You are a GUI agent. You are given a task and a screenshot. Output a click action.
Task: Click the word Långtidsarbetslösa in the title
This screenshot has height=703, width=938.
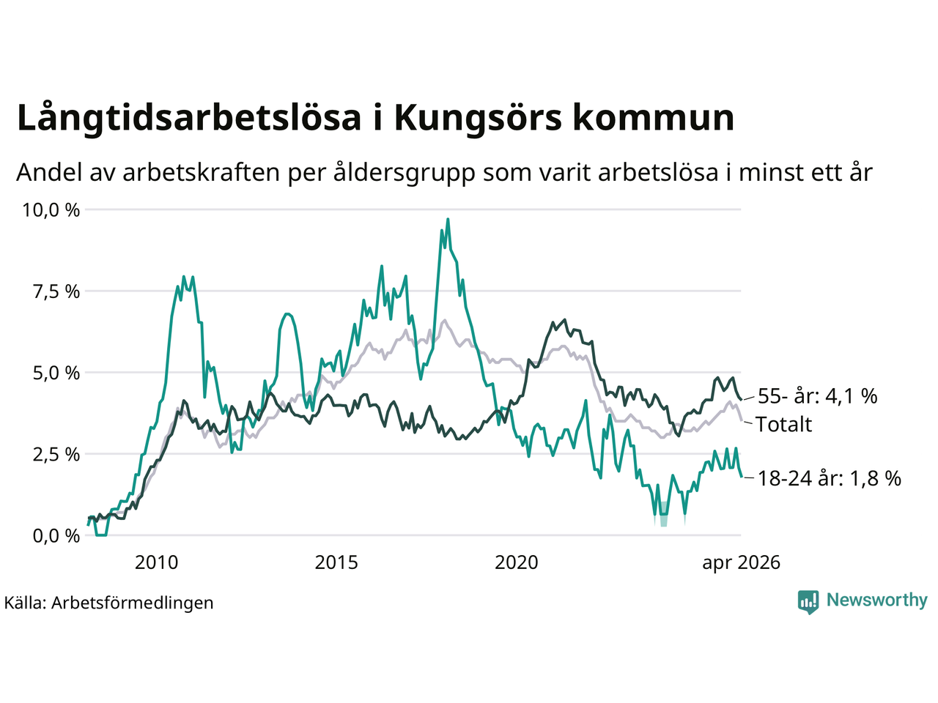click(x=189, y=118)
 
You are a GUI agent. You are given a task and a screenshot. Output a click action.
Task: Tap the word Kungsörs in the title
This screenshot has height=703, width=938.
click(x=477, y=118)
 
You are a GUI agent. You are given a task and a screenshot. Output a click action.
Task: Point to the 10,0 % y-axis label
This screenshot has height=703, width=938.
click(x=51, y=210)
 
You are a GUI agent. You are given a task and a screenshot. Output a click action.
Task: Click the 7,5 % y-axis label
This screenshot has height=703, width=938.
click(x=56, y=292)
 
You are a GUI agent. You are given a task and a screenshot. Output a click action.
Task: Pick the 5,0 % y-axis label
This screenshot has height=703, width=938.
click(x=56, y=373)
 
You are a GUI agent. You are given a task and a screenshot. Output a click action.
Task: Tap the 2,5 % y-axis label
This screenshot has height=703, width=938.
click(x=56, y=455)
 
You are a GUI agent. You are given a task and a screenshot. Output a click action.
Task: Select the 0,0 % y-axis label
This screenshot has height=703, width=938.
click(x=56, y=536)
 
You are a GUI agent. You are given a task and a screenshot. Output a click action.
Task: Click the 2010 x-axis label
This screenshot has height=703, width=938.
click(x=156, y=562)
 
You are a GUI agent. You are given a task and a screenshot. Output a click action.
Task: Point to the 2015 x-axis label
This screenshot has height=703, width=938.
click(x=336, y=562)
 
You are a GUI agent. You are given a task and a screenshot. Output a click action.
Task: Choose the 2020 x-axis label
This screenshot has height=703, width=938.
click(x=516, y=562)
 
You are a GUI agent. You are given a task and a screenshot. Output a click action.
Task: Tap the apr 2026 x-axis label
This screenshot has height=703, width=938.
click(x=742, y=563)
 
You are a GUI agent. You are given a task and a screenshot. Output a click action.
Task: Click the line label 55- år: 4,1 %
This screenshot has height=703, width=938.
click(x=818, y=396)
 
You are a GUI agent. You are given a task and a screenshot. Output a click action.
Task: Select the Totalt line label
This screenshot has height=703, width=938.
click(x=783, y=424)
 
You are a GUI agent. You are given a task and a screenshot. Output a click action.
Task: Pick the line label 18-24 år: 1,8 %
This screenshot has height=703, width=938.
click(x=830, y=478)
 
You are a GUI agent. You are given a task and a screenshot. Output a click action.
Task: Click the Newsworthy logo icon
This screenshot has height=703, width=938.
click(x=808, y=602)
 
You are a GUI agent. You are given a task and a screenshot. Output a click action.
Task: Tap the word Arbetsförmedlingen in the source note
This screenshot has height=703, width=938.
click(x=133, y=603)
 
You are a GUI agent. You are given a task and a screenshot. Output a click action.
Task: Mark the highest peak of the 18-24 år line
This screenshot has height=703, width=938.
click(x=448, y=220)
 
